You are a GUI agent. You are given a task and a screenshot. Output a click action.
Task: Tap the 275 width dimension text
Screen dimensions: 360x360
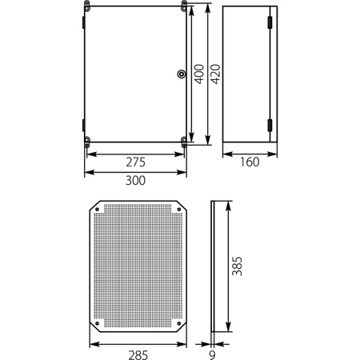tap(135, 162)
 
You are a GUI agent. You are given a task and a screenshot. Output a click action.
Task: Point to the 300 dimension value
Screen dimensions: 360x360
tap(135, 181)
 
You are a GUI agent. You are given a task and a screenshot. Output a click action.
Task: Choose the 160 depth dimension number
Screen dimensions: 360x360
tap(250, 162)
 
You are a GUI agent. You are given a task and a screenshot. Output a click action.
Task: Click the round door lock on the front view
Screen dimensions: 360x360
tap(178, 75)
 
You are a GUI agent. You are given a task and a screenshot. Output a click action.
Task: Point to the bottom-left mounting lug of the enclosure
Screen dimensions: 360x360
tap(86, 143)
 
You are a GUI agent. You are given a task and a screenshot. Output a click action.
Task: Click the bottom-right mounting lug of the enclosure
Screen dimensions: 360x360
tap(185, 143)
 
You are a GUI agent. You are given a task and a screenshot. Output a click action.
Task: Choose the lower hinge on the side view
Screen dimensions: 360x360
tap(270, 123)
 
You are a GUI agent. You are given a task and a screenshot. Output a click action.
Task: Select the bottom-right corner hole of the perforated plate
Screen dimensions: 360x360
tap(178, 325)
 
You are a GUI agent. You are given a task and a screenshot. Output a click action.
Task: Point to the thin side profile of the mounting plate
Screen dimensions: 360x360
tap(212, 267)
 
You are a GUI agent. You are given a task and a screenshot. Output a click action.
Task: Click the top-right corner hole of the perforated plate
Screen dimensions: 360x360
tap(178, 210)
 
